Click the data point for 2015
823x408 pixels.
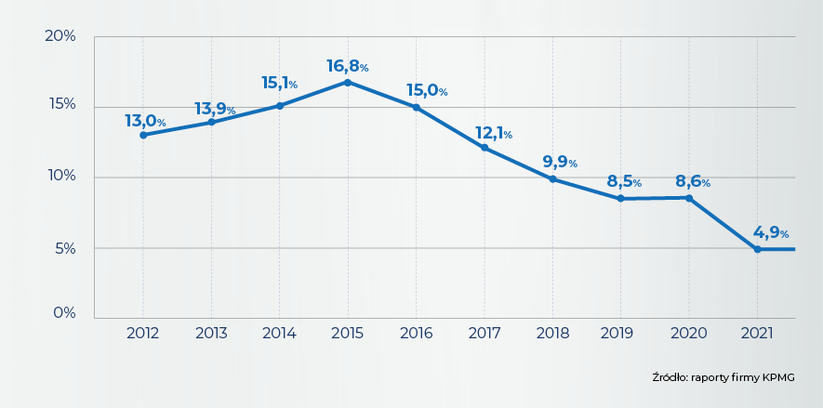tap(348, 82)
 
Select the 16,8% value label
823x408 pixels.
tap(347, 66)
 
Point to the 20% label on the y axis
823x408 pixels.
tap(60, 36)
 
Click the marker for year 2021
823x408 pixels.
tap(757, 249)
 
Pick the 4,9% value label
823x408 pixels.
tap(770, 233)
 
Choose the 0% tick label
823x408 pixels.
tap(63, 313)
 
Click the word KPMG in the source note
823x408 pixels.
tap(778, 377)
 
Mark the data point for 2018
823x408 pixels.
tap(552, 178)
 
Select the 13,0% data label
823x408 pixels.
tap(145, 121)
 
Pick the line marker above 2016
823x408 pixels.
tap(416, 107)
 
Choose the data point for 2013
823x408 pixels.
tap(211, 122)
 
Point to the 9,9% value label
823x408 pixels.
tap(563, 163)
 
